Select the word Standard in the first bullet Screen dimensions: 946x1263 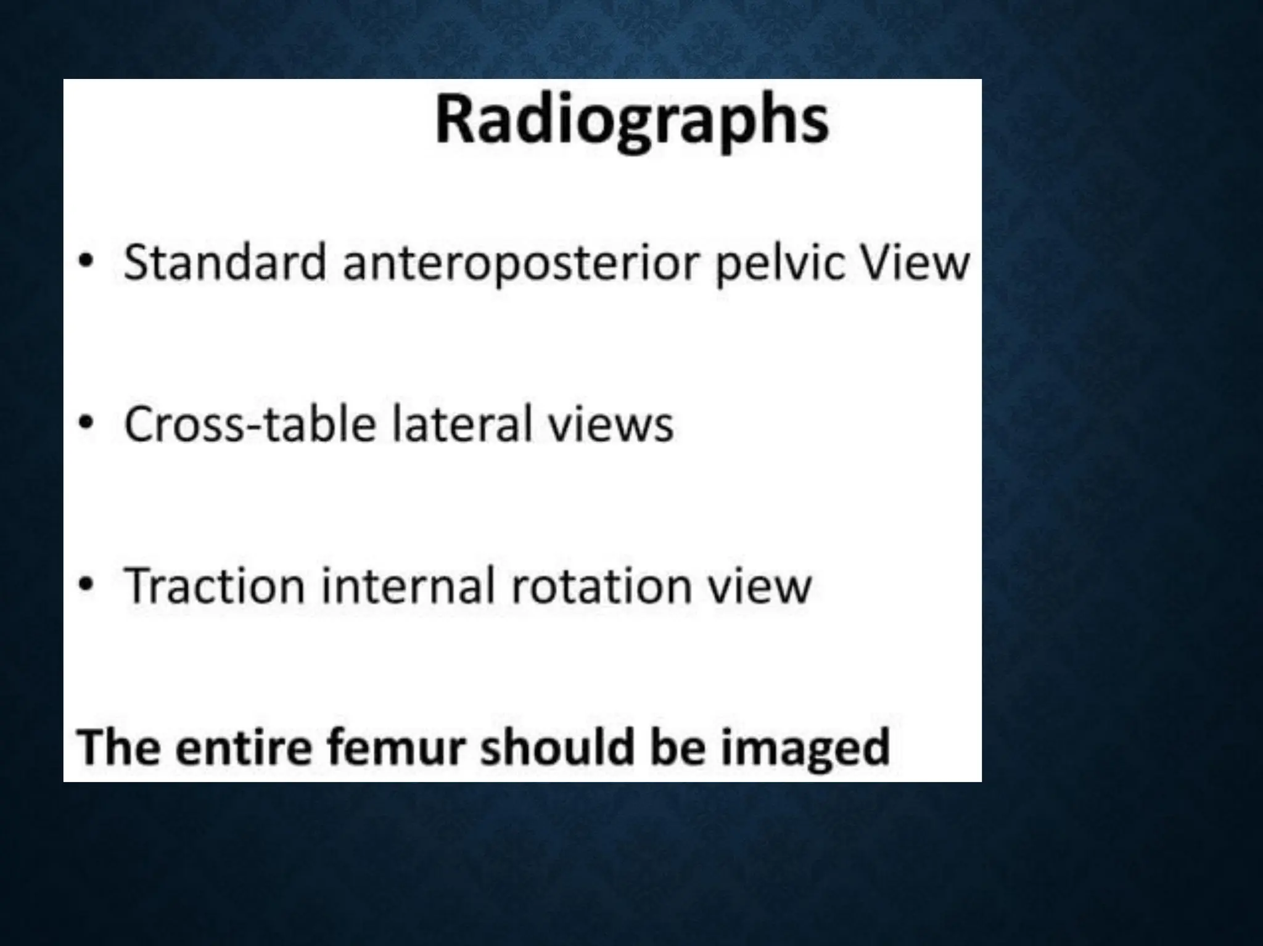tap(224, 263)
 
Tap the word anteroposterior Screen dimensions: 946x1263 tap(523, 264)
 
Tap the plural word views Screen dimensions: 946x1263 tap(611, 426)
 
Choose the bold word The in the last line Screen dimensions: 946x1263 tap(117, 747)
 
